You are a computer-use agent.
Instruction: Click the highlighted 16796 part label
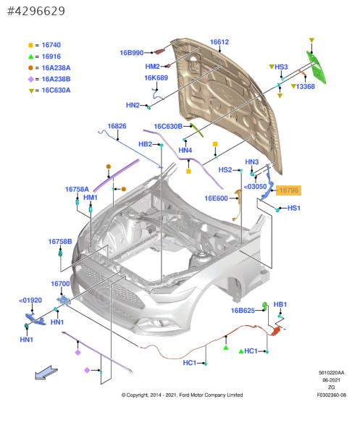pos(288,190)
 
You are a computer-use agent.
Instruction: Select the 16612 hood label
pos(219,42)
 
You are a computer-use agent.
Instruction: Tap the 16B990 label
pos(132,53)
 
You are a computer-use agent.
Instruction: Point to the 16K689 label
pos(156,78)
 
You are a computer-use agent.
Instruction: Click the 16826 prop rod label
pos(117,126)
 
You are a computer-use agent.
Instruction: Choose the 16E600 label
pos(216,198)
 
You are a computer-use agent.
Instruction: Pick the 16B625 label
pos(243,311)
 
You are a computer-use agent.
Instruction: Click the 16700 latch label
pos(60,284)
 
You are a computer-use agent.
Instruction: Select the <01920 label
pos(30,301)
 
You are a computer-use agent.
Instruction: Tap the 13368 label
pos(305,87)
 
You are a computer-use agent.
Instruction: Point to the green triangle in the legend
pos(31,56)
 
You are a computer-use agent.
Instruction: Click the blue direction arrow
pos(46,372)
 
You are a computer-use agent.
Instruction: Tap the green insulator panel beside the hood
pos(317,67)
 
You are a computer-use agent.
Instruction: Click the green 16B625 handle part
pos(265,306)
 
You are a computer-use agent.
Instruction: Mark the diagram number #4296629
pos(36,11)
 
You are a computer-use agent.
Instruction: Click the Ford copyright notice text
pos(182,395)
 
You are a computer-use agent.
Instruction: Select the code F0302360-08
pos(331,395)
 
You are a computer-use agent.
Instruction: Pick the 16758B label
pos(60,242)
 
